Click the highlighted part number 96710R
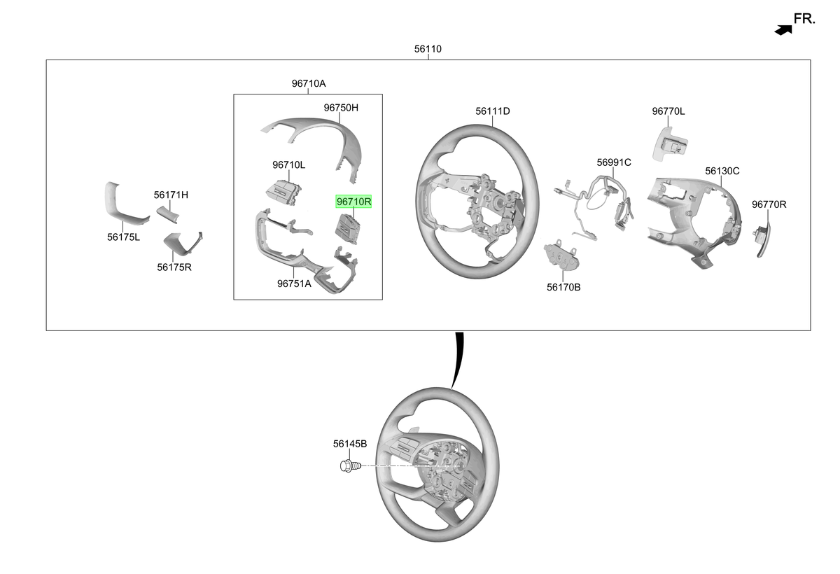tap(353, 202)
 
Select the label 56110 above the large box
tap(428, 49)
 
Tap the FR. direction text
tap(804, 19)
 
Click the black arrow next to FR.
tap(783, 30)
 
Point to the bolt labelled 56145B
tap(350, 466)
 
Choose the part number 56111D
tap(492, 111)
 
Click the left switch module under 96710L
tap(283, 192)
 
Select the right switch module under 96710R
tap(348, 228)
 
